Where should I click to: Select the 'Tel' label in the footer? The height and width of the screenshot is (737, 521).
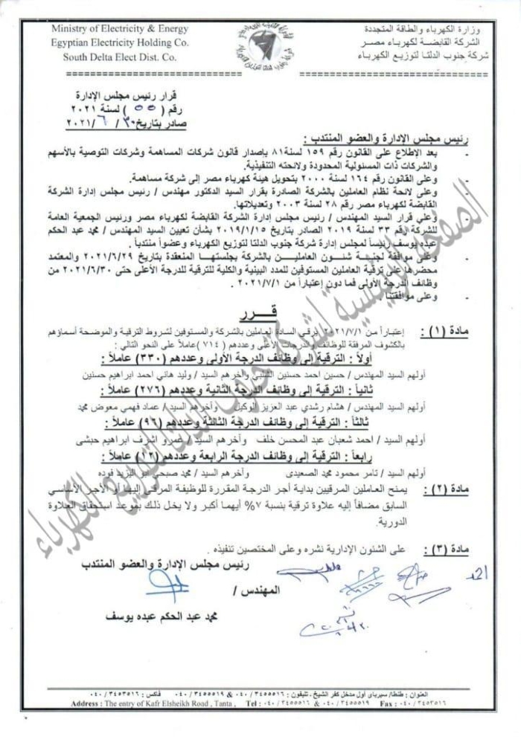250,703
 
